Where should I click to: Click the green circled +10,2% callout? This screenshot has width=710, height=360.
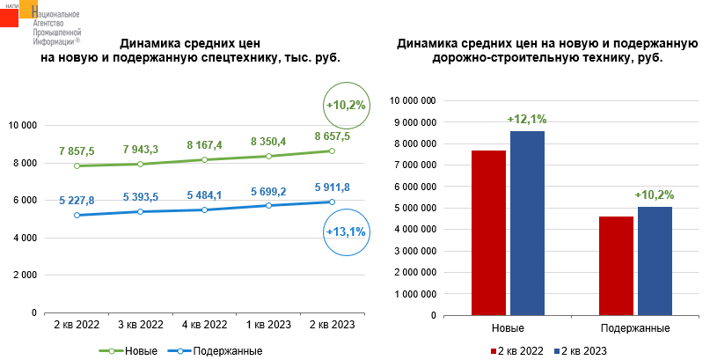pos(346,105)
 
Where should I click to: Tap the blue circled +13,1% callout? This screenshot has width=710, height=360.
pos(345,231)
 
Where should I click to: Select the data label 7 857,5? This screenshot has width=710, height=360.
pos(77,151)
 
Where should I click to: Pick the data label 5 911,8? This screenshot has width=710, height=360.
pos(332,187)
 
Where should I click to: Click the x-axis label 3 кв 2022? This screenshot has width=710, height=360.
pos(141,325)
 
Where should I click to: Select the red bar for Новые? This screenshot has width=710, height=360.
pos(489,231)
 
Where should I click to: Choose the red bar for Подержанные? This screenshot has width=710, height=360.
pos(616,264)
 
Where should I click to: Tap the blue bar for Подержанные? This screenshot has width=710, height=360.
pos(655,260)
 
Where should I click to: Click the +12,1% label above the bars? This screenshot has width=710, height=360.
pos(527,119)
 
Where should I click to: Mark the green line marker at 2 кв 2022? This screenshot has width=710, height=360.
pos(77,165)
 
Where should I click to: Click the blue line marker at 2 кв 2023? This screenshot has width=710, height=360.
pos(332,202)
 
